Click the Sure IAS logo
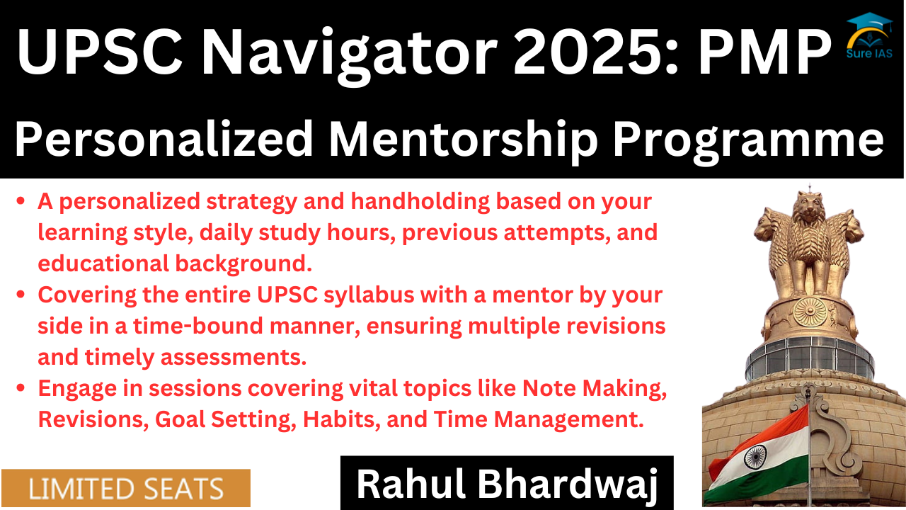click(x=869, y=35)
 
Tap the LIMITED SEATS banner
click(x=126, y=488)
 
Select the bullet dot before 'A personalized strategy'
click(x=21, y=201)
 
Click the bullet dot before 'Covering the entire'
click(x=21, y=295)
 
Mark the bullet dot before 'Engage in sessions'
click(x=21, y=387)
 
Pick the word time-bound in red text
click(x=198, y=326)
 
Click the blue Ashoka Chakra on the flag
click(x=755, y=457)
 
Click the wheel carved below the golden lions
click(x=810, y=312)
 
